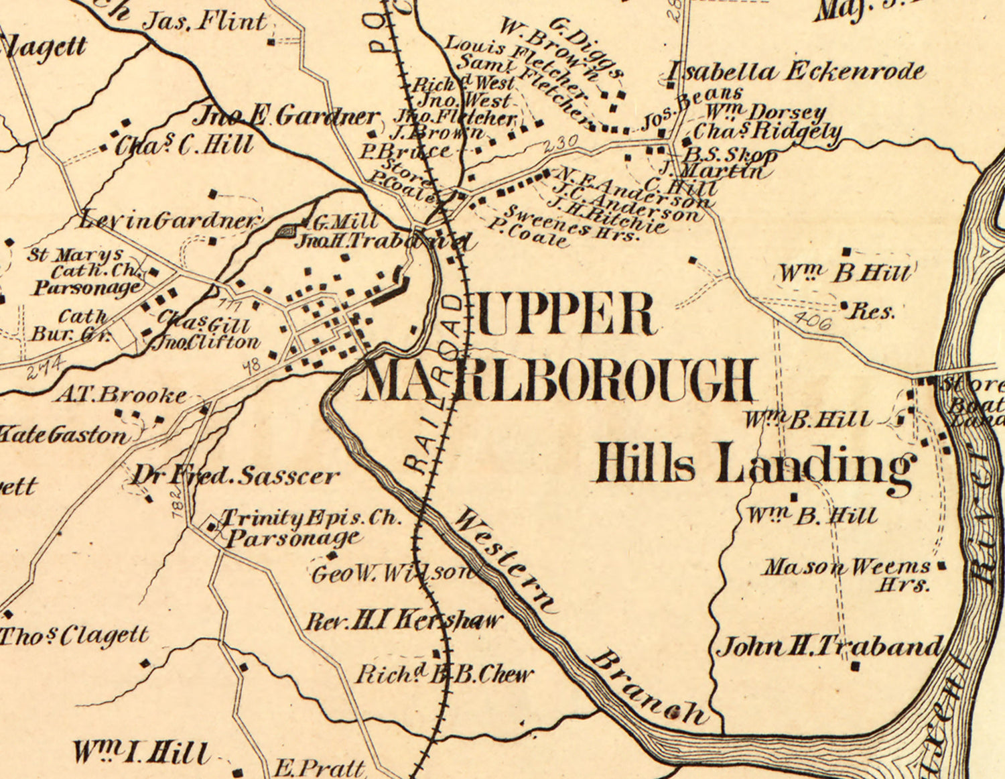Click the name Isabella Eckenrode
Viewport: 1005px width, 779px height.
(x=797, y=72)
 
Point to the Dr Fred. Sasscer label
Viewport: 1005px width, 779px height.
(x=234, y=476)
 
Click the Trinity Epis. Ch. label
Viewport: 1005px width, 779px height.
(x=311, y=518)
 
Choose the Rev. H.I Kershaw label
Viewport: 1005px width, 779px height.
(x=403, y=621)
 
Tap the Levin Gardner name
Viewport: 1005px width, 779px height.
(x=169, y=221)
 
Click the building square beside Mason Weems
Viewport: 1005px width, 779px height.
(x=942, y=566)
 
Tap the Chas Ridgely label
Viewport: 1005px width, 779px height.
(x=767, y=131)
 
